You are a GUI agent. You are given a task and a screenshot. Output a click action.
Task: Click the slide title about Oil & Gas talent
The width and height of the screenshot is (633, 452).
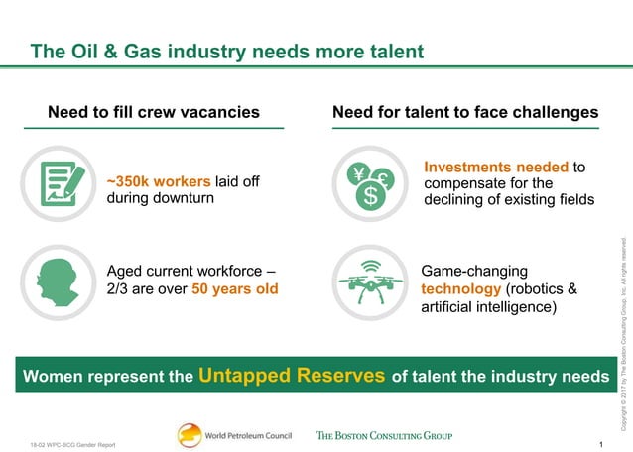click(226, 50)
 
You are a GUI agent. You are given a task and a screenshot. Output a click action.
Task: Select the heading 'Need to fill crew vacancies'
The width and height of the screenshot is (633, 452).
click(154, 112)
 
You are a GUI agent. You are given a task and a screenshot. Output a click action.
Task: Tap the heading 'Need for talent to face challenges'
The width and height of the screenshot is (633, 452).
click(465, 112)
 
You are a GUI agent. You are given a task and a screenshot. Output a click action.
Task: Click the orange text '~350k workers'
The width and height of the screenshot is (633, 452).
click(158, 181)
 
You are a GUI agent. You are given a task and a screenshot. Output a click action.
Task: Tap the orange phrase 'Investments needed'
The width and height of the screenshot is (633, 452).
click(496, 168)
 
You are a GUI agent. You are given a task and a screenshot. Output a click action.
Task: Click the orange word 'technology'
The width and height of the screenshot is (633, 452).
click(461, 289)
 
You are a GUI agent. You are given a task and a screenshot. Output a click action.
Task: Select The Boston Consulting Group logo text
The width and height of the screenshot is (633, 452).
click(384, 435)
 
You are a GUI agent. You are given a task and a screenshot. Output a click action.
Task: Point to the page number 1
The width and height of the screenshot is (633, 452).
click(602, 443)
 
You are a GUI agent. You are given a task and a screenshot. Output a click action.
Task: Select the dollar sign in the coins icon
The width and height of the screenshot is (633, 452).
click(370, 196)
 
